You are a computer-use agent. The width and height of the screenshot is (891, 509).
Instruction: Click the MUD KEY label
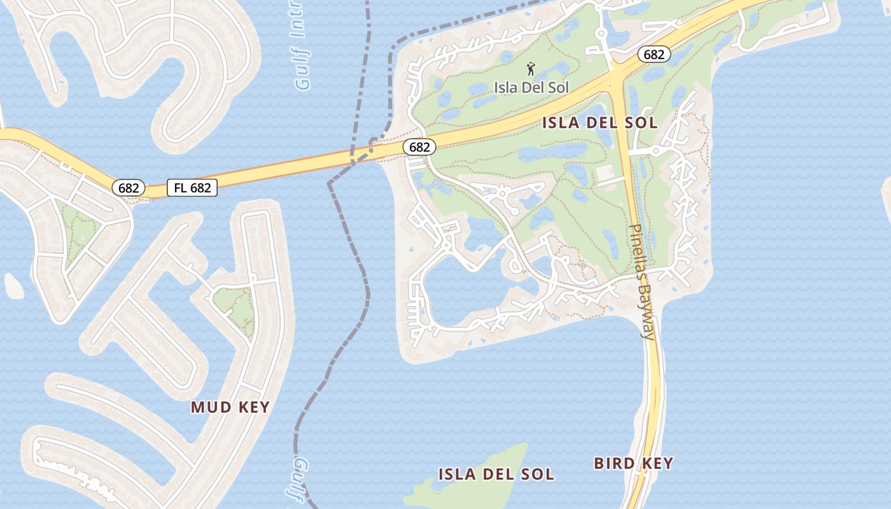click(230, 407)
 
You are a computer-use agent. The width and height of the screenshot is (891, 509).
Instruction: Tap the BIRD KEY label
click(633, 463)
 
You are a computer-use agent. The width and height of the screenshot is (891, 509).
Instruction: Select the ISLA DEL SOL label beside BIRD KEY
click(496, 474)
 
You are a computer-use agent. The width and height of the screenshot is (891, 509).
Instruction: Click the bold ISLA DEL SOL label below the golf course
click(600, 123)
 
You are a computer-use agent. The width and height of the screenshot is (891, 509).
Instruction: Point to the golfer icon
click(531, 68)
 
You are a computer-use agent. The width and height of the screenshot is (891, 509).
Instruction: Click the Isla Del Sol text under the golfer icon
click(531, 87)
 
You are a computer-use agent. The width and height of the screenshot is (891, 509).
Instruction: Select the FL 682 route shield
click(192, 188)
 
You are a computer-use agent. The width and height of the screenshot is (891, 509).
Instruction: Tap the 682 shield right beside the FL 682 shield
click(129, 188)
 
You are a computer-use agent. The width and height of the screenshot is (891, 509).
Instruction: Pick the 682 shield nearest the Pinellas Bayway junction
click(654, 55)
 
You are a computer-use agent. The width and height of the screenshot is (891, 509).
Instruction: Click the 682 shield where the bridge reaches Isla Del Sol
click(419, 147)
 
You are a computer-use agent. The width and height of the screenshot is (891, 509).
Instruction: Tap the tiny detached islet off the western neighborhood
click(13, 286)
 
